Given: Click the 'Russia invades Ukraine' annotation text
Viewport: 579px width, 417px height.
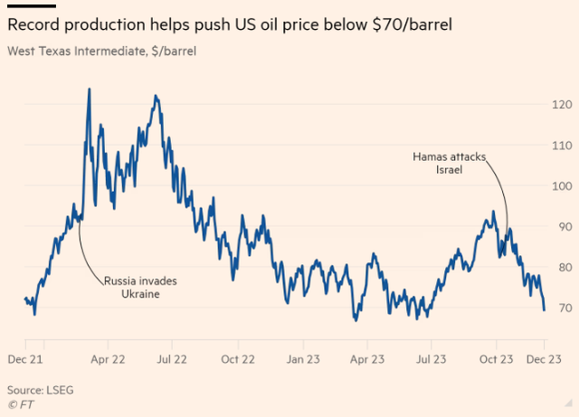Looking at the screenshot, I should [x=139, y=288].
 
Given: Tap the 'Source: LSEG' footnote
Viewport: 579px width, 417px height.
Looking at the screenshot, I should [x=40, y=390].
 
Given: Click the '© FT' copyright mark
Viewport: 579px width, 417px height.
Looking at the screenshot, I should [x=23, y=403].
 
